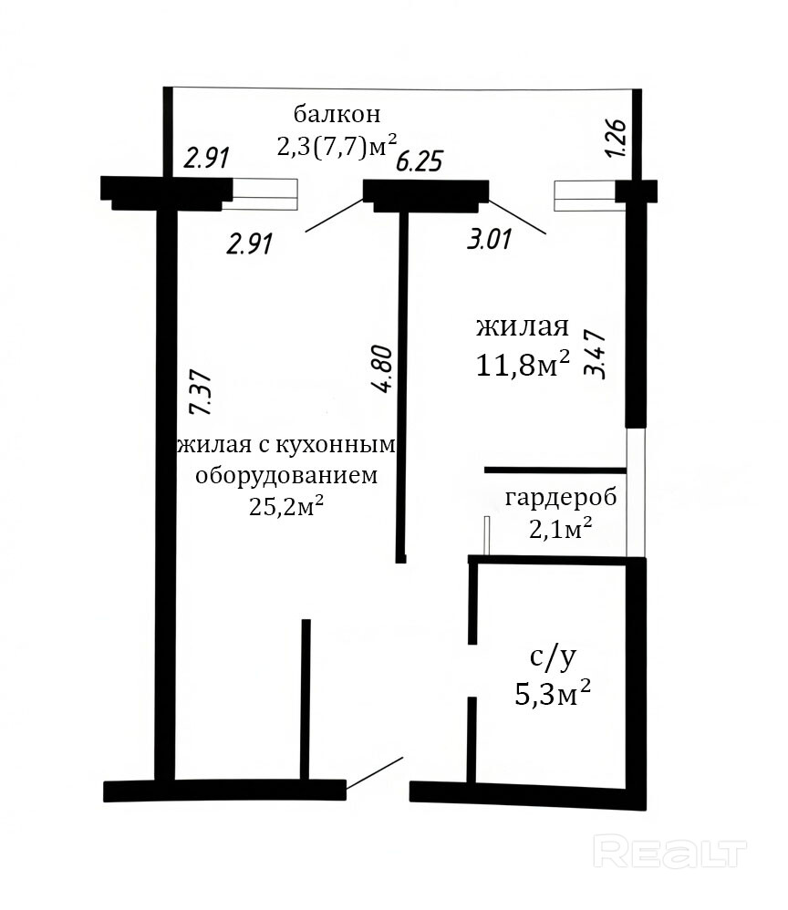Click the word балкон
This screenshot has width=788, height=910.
coord(337,114)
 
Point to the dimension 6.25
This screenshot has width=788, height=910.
coord(420,160)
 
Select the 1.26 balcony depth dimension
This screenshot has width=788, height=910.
coord(616,138)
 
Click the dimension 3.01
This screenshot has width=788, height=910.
coord(490,239)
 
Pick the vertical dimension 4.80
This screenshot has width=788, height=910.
coord(384,369)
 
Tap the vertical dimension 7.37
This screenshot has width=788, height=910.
coord(201,392)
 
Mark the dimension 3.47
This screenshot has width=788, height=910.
coord(596,355)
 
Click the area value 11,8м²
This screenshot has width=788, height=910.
coord(523,365)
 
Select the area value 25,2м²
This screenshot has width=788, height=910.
coord(286,506)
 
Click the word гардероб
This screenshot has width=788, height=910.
coord(561,498)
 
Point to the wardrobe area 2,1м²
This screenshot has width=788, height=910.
coord(560,528)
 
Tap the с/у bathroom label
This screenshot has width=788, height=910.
coord(553,657)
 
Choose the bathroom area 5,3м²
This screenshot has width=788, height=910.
coord(553,693)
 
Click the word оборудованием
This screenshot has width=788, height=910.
coord(286,476)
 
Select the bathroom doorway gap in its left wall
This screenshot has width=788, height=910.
coord(472,670)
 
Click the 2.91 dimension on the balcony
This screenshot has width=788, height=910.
coord(207,159)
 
